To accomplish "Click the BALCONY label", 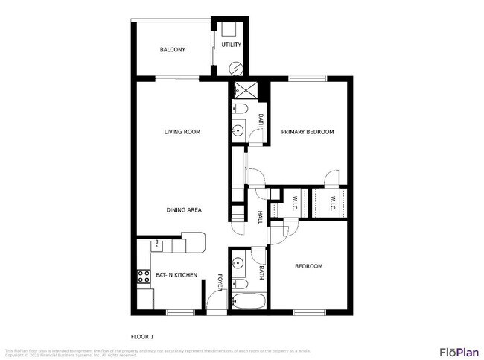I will click(x=172, y=50).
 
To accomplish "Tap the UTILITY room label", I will click(x=232, y=45).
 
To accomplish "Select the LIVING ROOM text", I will click(x=182, y=132).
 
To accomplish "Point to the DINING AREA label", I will click(x=184, y=209).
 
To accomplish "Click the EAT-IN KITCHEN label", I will click(x=176, y=275).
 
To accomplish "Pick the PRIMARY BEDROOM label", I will click(x=307, y=132).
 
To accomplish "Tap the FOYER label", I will click(x=220, y=283).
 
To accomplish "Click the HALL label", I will click(x=260, y=217).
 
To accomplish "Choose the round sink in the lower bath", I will click(x=238, y=263).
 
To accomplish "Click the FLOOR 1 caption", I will click(x=142, y=335).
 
